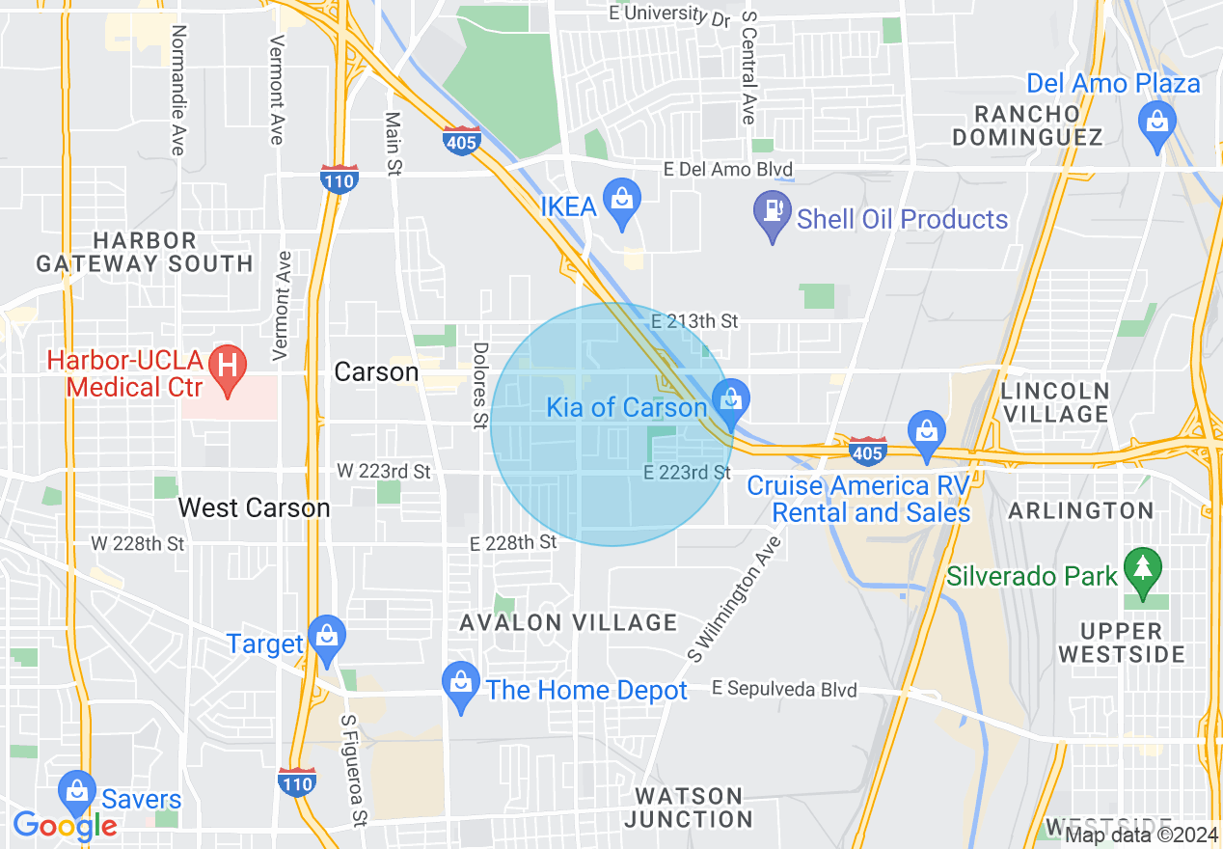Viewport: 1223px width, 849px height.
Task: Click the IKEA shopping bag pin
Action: tap(622, 202)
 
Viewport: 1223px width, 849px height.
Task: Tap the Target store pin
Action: tap(327, 639)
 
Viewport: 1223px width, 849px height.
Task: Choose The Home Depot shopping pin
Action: tap(461, 685)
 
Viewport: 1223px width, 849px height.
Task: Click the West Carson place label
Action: tap(254, 507)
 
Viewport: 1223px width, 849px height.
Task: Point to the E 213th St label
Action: tap(694, 321)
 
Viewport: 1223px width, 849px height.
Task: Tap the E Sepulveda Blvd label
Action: tap(784, 689)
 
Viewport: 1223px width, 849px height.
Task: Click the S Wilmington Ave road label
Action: tap(734, 599)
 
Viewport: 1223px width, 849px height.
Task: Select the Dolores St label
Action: tap(479, 386)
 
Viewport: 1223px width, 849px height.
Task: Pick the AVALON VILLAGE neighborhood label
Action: tap(568, 623)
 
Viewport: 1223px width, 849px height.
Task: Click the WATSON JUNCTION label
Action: tap(689, 808)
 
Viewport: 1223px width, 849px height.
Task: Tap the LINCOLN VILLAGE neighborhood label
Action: tap(1055, 402)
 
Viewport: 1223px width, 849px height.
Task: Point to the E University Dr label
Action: tap(669, 14)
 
